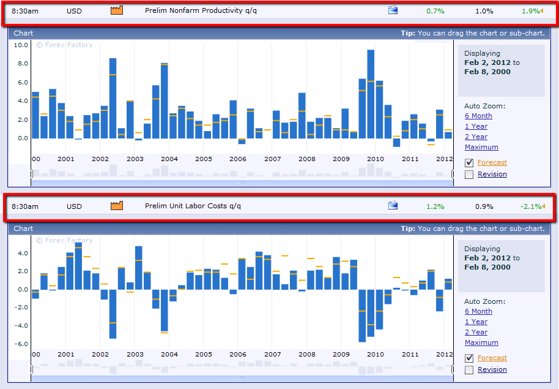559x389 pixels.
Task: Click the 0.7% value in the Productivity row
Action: (x=435, y=11)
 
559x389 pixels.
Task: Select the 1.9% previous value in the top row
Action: (x=531, y=11)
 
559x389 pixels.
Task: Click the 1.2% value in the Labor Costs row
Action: (x=435, y=206)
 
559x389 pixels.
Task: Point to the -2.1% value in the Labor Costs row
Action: (x=531, y=206)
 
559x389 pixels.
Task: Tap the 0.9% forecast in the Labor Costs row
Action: (x=484, y=206)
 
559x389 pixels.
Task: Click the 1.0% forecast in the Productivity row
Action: (x=484, y=11)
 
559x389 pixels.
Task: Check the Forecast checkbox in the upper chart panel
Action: (x=469, y=163)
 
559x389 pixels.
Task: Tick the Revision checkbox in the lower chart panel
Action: (x=469, y=369)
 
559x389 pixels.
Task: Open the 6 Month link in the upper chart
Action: (x=478, y=116)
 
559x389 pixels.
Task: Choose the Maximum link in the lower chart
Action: (x=481, y=342)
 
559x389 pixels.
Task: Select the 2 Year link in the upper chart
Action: (x=476, y=137)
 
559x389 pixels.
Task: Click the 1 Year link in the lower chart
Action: (x=476, y=322)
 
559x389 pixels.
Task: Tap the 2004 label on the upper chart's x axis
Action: (x=169, y=159)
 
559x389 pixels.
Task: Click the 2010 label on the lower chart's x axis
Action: (x=376, y=355)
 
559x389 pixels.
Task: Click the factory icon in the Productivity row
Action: (x=117, y=10)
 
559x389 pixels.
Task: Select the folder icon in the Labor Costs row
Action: (x=393, y=206)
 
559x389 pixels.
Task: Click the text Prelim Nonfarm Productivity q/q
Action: (x=194, y=11)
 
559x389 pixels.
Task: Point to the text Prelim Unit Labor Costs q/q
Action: (x=193, y=206)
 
